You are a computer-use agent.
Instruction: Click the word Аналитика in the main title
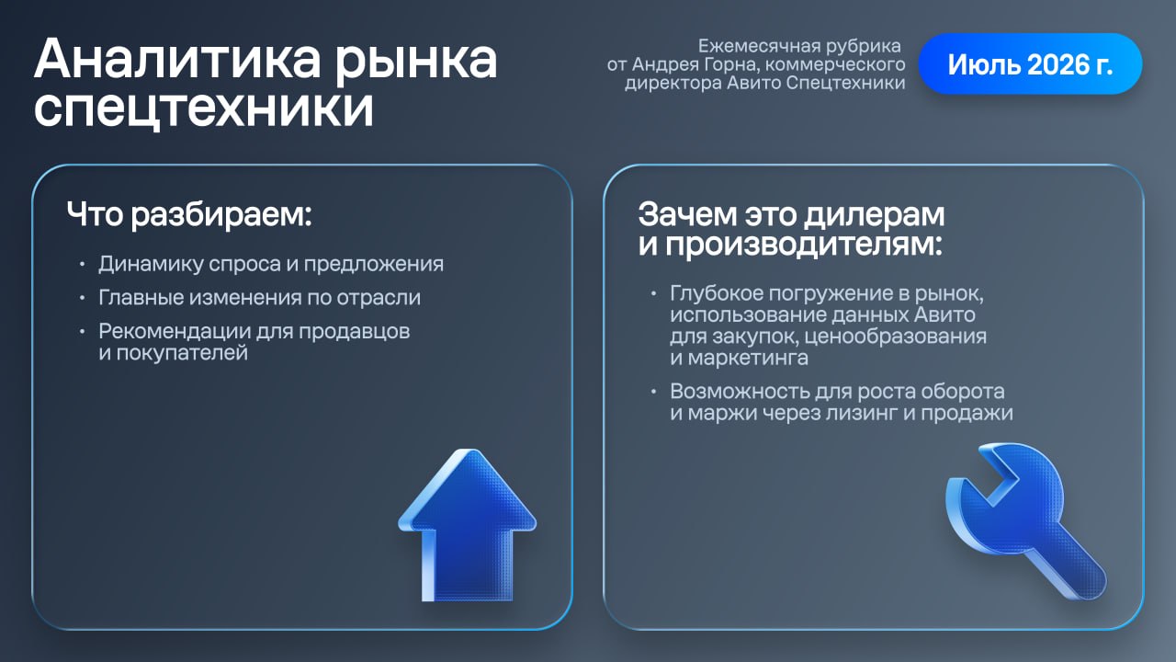point(177,59)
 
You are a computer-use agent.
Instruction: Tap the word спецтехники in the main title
point(204,108)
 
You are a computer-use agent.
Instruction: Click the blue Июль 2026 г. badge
point(1030,64)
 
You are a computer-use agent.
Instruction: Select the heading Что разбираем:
point(189,214)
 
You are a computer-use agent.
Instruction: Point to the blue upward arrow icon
point(468,524)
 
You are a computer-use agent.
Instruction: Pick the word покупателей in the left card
point(182,353)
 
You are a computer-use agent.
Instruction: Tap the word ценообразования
point(896,337)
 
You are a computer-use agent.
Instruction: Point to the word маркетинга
point(748,358)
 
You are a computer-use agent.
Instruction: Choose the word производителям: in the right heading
point(804,245)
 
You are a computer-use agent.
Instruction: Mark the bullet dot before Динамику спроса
point(82,264)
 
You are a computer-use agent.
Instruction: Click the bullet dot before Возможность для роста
point(653,392)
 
